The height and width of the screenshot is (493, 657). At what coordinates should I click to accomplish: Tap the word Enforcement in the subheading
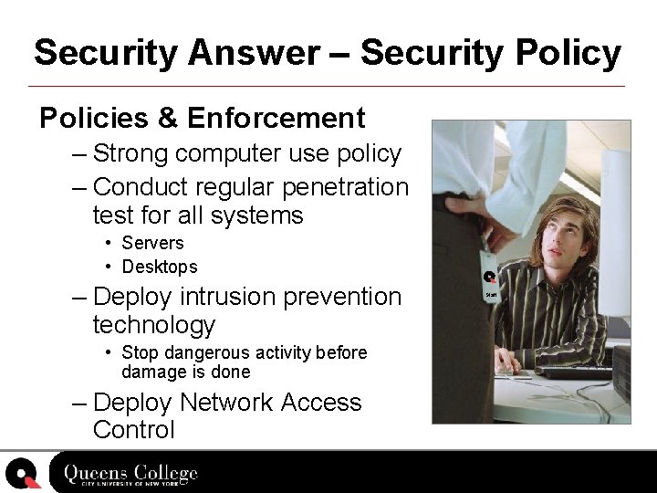276,118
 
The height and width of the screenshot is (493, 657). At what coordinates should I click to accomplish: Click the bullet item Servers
152,243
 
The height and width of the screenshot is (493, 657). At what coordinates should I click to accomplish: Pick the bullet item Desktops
159,267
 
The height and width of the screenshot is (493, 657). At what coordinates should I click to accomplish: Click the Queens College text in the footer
130,474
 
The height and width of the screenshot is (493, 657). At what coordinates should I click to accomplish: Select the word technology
154,325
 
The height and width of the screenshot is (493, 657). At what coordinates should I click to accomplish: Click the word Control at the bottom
133,430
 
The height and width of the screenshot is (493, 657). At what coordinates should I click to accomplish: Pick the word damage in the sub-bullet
150,372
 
